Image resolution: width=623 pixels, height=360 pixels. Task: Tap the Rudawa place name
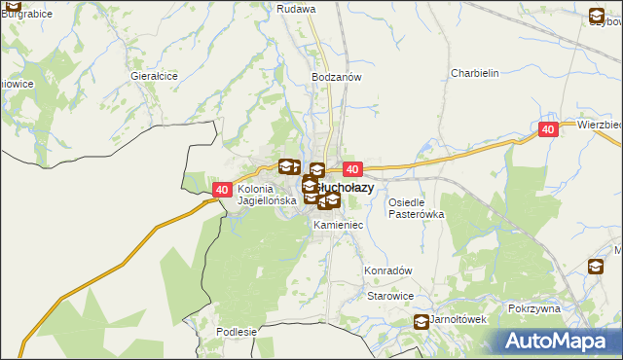pos(296,9)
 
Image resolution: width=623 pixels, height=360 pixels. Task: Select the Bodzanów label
pos(337,76)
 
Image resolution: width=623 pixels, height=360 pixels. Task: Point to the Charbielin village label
pos(475,73)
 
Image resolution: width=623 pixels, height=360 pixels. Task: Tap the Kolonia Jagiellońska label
pos(266,195)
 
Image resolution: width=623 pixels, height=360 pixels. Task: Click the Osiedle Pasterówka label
pos(417,208)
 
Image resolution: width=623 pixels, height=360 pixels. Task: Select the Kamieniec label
pos(339,225)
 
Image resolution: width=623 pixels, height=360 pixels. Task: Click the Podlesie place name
pos(237,332)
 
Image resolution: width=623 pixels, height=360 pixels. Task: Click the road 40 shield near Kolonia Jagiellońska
pos(222,191)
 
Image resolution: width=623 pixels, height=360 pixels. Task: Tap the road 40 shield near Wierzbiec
pos(548,128)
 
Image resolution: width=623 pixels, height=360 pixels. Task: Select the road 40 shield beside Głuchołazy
pos(352,169)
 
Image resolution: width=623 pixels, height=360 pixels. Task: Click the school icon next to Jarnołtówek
pos(421,322)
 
